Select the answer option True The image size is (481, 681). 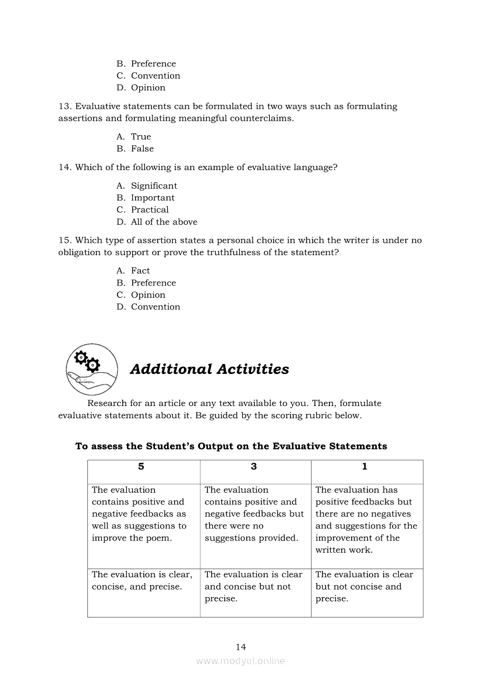[x=141, y=137]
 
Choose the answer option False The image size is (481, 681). [x=142, y=149]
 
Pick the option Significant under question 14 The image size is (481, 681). [x=154, y=186]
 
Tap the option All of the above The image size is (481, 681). [x=164, y=222]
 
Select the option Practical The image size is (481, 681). [x=150, y=210]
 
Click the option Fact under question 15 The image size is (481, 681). [x=140, y=271]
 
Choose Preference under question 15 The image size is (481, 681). [x=153, y=283]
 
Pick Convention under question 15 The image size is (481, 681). [x=155, y=307]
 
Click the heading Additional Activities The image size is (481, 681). [x=209, y=369]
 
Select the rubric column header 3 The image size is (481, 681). [x=254, y=467]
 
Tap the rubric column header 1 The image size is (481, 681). [x=365, y=467]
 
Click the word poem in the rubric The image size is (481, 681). [x=160, y=538]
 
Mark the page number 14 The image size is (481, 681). [x=241, y=647]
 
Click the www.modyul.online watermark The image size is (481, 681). [x=240, y=661]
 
